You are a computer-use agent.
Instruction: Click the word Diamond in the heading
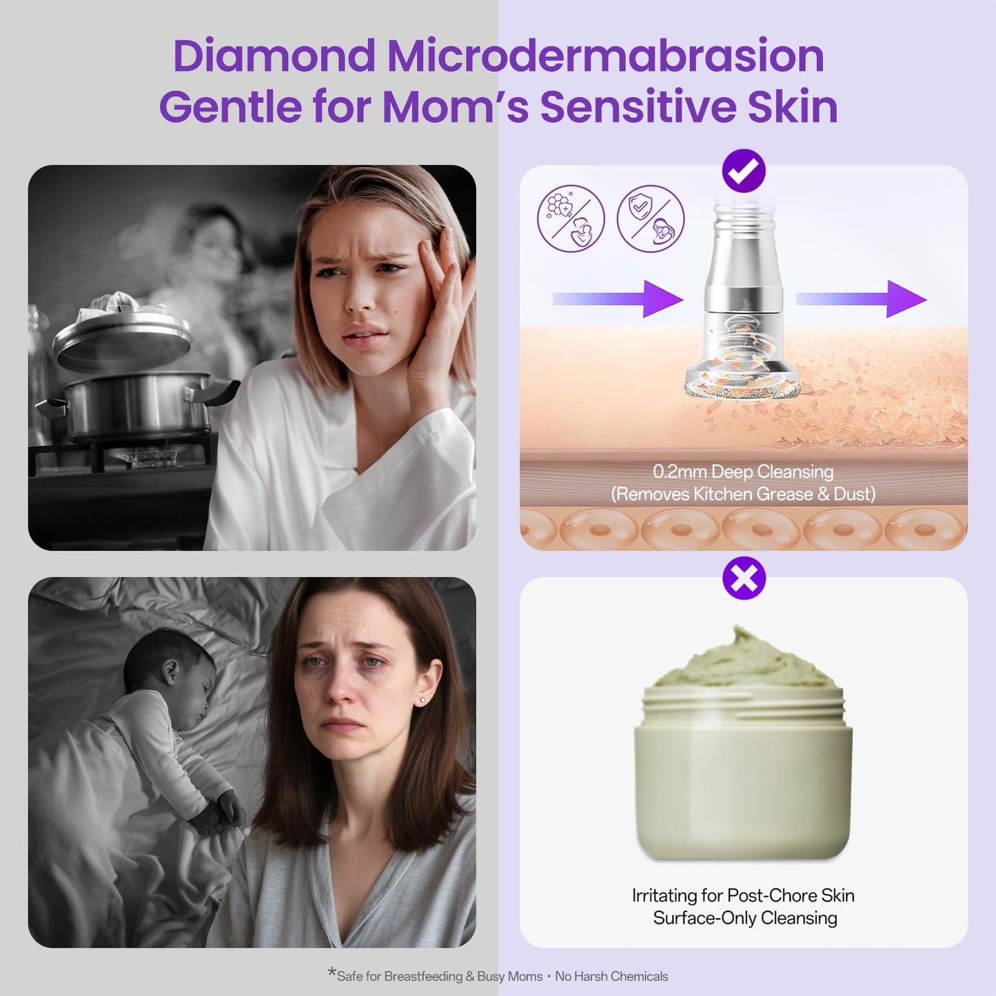click(274, 56)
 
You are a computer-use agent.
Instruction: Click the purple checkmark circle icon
click(744, 170)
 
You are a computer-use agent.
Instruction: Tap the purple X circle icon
click(744, 578)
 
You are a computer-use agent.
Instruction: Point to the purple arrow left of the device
click(618, 298)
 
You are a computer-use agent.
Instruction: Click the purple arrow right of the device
click(862, 298)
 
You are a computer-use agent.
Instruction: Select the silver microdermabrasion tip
click(742, 303)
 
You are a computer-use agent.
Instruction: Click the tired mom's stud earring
click(422, 700)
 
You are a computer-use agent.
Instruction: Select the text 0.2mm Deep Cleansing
click(743, 472)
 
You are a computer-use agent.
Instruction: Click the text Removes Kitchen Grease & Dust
click(743, 494)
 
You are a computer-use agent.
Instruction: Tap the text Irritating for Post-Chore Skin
click(743, 895)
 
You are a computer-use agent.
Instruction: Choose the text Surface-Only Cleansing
click(744, 918)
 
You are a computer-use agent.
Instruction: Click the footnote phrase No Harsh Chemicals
click(611, 977)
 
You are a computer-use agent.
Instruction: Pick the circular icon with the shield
click(650, 218)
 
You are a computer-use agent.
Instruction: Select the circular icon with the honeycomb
click(571, 218)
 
